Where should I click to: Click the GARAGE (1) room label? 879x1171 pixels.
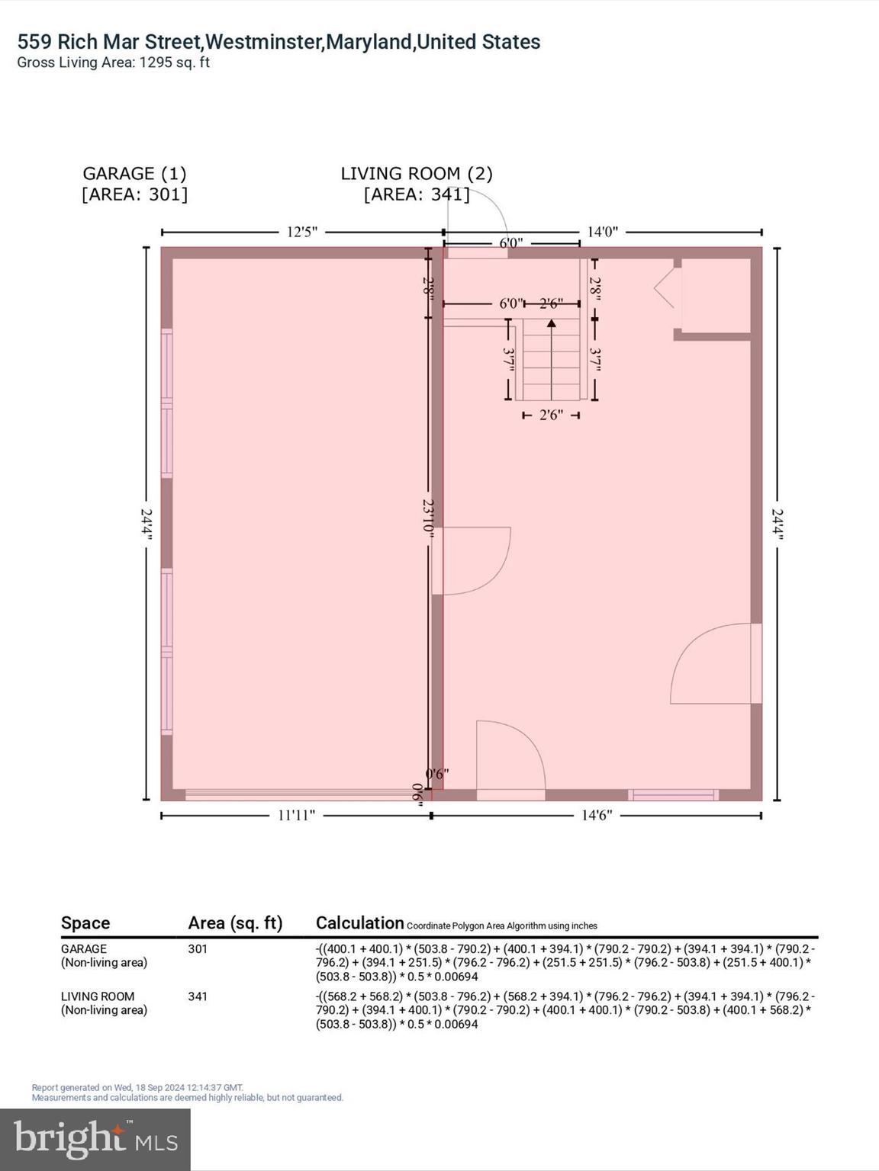coord(134,174)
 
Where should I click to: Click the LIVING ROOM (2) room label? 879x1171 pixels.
coord(417,174)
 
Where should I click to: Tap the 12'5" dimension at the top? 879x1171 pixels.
coord(301,232)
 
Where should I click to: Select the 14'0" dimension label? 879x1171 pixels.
coord(602,232)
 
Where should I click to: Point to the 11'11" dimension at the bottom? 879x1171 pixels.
coord(296,816)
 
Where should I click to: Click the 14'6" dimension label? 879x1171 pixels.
coord(597,816)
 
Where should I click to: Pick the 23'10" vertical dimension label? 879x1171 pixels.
coord(429,518)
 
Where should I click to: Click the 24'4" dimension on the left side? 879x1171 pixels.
coord(146,525)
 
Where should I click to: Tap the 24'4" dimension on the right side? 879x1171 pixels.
coord(778,525)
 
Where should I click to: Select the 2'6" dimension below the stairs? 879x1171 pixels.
coord(551,415)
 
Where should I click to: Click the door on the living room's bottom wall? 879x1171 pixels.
coord(510,759)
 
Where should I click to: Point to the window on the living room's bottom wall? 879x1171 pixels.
coord(674,795)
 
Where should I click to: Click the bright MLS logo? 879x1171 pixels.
coord(95,1139)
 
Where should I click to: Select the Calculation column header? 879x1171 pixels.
coord(359,923)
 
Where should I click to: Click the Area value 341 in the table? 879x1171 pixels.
coord(198,996)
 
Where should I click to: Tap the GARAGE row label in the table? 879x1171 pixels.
coord(84,949)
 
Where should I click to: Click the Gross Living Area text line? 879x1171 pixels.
coord(113,63)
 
